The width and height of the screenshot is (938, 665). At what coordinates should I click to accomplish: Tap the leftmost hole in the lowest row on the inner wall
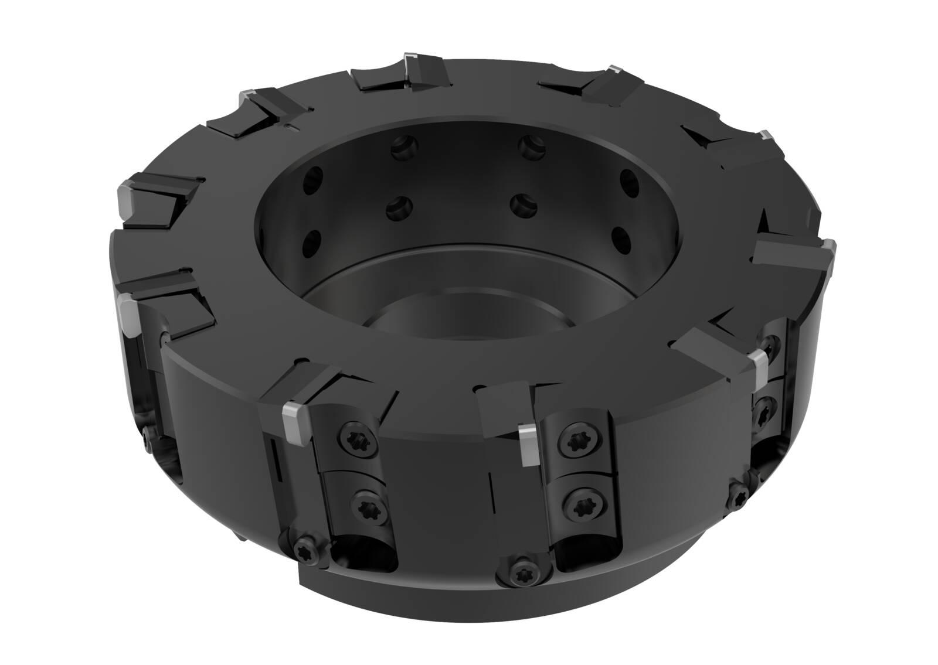point(314,241)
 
